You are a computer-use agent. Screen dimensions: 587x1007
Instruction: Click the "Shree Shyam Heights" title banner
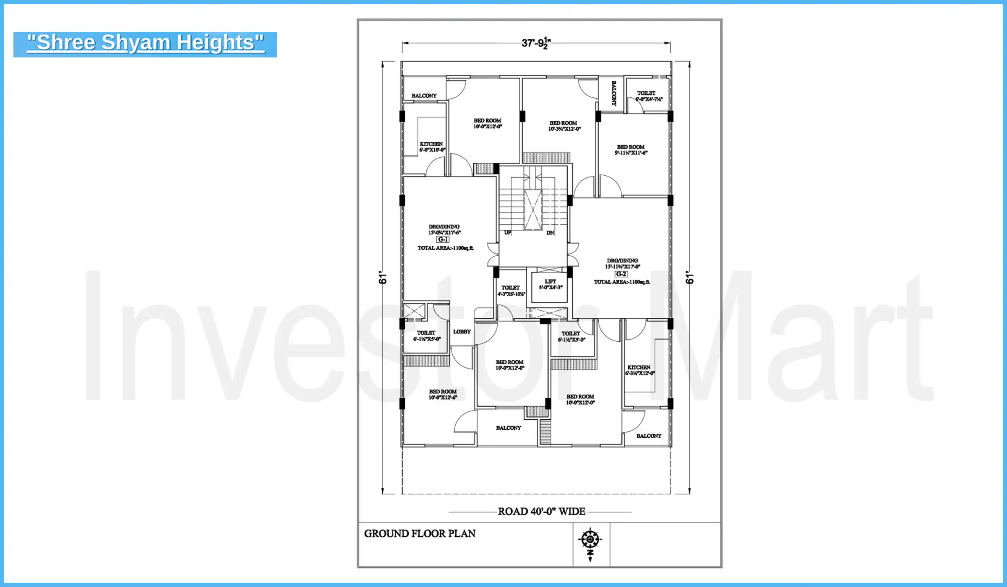click(145, 44)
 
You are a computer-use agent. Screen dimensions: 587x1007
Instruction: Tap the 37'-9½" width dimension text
click(536, 43)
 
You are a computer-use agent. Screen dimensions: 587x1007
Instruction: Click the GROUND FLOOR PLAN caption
click(420, 534)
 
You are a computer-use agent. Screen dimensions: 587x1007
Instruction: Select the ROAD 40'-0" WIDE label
click(541, 512)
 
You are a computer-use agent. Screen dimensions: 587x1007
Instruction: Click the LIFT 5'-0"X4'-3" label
click(550, 285)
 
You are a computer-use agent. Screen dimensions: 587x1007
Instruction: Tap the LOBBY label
click(462, 332)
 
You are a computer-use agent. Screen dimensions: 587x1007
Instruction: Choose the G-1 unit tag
click(443, 240)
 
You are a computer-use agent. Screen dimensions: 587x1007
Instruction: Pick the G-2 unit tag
click(621, 274)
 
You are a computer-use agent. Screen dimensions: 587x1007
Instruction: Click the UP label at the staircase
click(508, 233)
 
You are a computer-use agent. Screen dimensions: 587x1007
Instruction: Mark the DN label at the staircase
click(550, 233)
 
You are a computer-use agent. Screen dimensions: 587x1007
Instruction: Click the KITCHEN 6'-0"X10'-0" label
click(432, 147)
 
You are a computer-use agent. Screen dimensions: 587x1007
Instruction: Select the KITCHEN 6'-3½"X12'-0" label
click(639, 370)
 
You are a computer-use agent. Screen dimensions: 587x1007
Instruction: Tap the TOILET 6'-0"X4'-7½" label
click(647, 96)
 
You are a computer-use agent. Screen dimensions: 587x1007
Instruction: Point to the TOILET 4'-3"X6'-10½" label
click(511, 291)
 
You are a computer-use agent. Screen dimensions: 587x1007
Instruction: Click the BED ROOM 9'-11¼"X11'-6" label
click(631, 150)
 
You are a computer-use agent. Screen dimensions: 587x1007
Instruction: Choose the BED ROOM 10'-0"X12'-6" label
click(443, 395)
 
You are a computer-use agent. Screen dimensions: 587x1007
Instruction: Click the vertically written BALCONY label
click(614, 93)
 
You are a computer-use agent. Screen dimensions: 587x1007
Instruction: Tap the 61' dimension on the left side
click(382, 277)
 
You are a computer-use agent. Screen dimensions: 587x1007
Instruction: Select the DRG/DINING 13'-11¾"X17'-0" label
click(622, 263)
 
